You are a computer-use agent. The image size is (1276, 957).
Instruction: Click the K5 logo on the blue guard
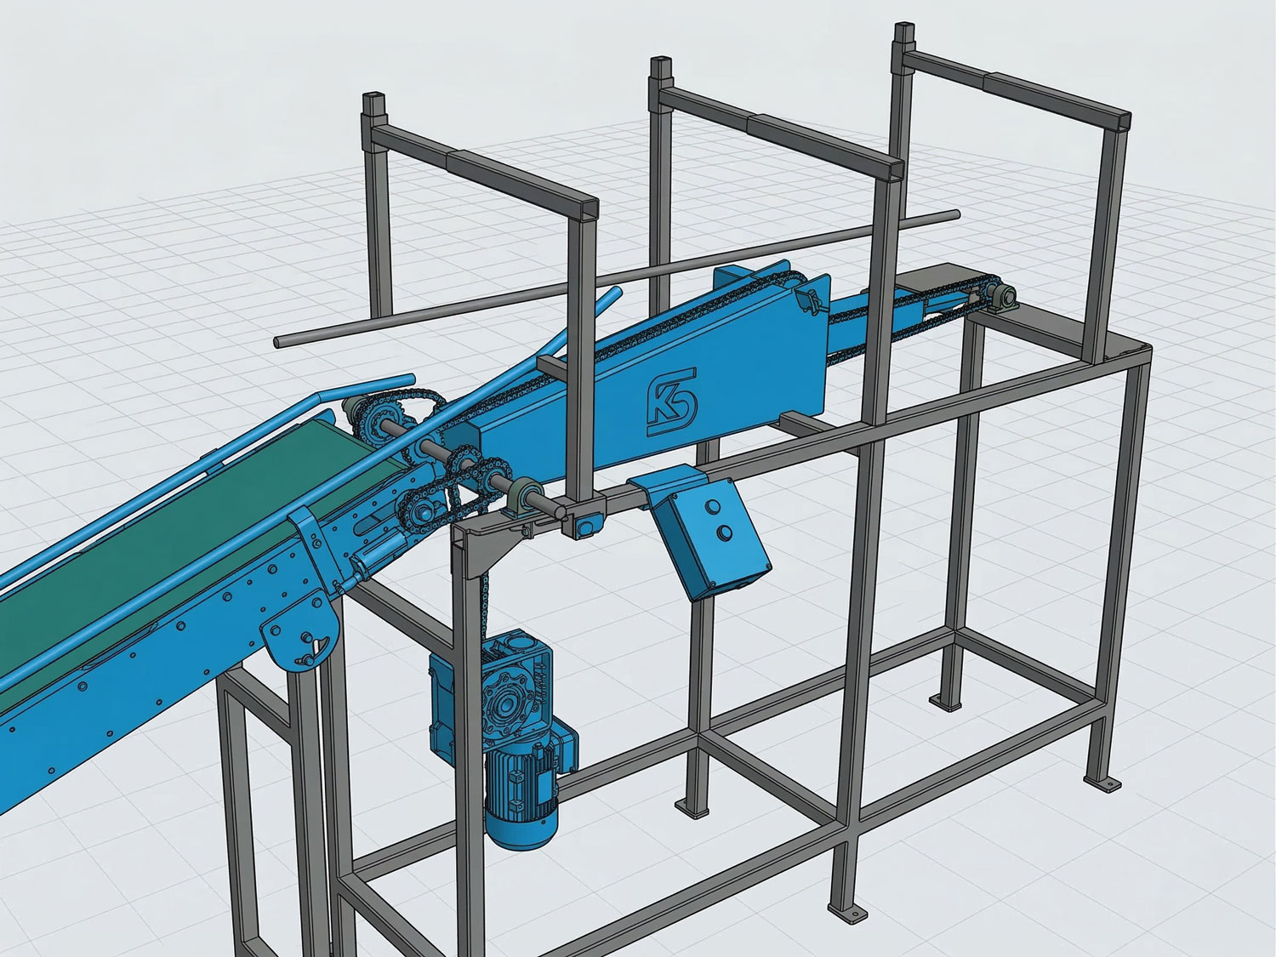(673, 402)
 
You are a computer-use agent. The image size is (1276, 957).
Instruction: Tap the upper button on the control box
(709, 507)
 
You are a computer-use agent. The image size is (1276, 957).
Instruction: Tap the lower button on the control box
(725, 532)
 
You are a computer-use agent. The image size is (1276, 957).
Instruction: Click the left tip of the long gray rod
(279, 342)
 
